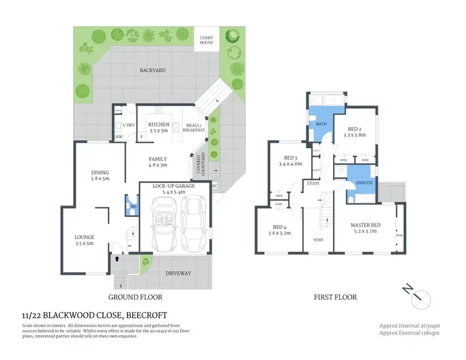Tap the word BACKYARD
(152, 71)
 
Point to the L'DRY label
(129, 125)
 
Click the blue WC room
(132, 207)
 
